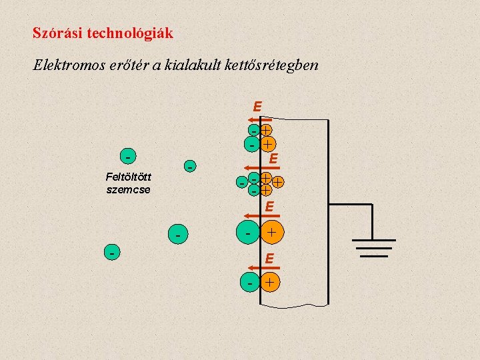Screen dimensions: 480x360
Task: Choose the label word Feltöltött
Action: pos(128,177)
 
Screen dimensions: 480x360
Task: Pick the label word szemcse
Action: pos(128,189)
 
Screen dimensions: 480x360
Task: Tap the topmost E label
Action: pos(257,106)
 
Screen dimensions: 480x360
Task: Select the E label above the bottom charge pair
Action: pos(269,257)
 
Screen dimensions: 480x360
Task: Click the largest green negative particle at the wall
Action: pos(248,233)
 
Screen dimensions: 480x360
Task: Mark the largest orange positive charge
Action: pos(271,233)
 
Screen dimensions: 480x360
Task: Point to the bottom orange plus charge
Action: pos(270,283)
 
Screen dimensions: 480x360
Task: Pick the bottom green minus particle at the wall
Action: pos(250,283)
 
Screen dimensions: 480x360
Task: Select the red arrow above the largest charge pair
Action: pos(253,215)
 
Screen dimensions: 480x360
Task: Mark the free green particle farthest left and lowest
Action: pos(114,253)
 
